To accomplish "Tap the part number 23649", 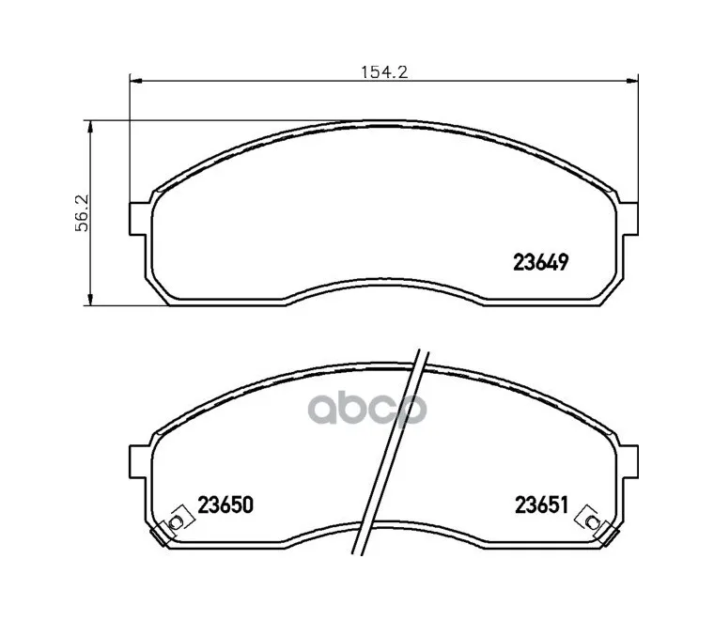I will [542, 264].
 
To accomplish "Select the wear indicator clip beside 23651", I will [590, 518].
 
